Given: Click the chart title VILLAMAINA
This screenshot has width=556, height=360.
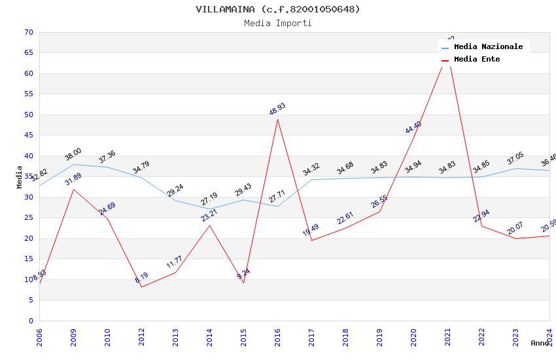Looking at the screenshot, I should (x=277, y=9).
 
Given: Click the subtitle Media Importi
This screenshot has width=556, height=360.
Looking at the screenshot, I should (x=277, y=23).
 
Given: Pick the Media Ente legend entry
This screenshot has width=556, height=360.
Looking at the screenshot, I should (x=477, y=60).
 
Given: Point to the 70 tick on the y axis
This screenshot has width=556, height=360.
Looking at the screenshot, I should (x=27, y=32).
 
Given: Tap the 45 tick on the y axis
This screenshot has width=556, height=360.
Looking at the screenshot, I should (x=27, y=135).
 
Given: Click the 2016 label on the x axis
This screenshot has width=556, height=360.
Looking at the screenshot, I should (x=278, y=338).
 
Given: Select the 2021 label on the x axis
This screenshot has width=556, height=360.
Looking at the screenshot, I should (x=448, y=338).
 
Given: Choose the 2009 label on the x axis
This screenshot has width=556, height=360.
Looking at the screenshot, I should (x=74, y=338).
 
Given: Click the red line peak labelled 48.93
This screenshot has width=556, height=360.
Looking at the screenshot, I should (x=277, y=119).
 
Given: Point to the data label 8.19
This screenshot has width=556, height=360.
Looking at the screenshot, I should (x=141, y=278).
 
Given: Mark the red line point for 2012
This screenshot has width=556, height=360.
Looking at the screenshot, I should (x=141, y=287).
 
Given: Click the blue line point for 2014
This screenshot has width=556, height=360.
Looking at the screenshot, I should (x=209, y=209).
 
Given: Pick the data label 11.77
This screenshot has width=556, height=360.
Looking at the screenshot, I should (x=175, y=263).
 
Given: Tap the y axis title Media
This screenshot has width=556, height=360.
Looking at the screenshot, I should (x=20, y=177).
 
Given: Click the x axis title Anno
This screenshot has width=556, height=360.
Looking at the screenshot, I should (x=540, y=343).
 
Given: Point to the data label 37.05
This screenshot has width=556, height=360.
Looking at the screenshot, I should (x=515, y=160).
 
